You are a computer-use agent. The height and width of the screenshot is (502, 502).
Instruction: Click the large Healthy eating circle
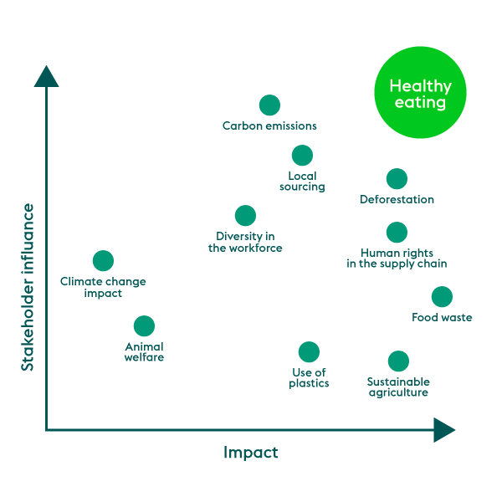click(x=420, y=93)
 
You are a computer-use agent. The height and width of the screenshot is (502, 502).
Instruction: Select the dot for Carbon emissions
click(x=269, y=105)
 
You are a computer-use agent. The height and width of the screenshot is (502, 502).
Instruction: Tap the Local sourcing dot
click(x=302, y=156)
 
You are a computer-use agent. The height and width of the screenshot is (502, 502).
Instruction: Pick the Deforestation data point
click(x=397, y=179)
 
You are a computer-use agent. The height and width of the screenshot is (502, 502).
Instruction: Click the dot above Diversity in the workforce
click(x=245, y=216)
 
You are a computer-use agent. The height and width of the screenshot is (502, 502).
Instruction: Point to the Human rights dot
click(x=397, y=232)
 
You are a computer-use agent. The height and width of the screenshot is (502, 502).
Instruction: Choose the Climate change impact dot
click(x=103, y=260)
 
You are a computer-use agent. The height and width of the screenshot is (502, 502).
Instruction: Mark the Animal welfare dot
click(x=144, y=326)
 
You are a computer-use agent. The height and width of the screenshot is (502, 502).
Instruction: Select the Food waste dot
click(x=442, y=297)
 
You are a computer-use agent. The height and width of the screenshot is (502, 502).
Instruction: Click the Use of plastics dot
click(x=309, y=352)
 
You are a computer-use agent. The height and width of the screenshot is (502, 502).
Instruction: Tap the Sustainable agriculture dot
click(x=398, y=361)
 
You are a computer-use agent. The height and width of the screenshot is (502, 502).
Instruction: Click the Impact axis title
click(x=251, y=453)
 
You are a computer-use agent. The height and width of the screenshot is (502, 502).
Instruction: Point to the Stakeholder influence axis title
click(x=28, y=287)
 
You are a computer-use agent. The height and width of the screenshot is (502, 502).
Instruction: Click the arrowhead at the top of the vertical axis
click(x=46, y=76)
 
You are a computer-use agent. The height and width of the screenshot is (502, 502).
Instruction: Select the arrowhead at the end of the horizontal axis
click(x=444, y=430)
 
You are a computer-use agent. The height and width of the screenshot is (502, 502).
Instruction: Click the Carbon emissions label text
click(x=269, y=125)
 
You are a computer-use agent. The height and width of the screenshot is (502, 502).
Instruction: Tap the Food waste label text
click(x=442, y=317)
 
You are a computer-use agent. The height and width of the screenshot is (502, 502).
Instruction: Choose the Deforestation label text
click(x=397, y=199)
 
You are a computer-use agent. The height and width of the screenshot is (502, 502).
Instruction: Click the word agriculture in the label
click(x=398, y=393)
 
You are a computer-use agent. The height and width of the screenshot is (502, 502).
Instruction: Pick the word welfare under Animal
click(x=144, y=357)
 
